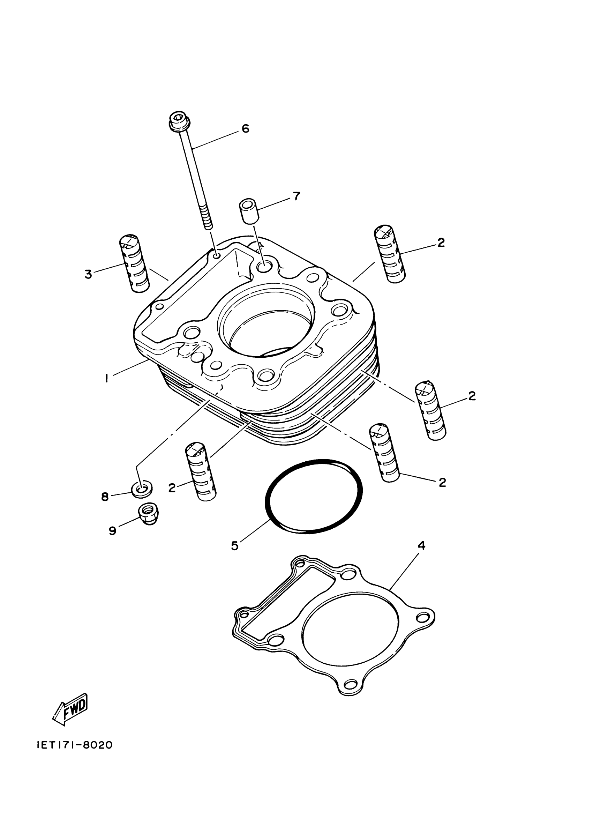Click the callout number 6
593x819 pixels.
point(246,128)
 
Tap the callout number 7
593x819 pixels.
point(296,196)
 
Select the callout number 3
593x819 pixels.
point(88,274)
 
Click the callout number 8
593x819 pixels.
point(105,497)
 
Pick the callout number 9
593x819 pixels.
point(113,530)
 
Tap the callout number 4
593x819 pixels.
point(421,545)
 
